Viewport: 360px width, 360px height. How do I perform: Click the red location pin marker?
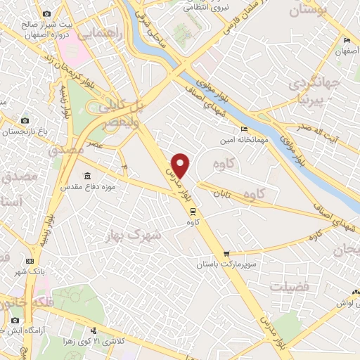pos(181,164)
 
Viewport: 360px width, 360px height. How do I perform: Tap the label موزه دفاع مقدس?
pos(86,187)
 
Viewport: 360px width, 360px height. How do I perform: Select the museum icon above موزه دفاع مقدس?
pos(86,176)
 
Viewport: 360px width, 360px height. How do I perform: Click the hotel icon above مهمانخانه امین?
pos(244,129)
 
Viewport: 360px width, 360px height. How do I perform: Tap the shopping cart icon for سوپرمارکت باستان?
pos(226,254)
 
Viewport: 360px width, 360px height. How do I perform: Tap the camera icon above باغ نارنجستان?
pos(25,121)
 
